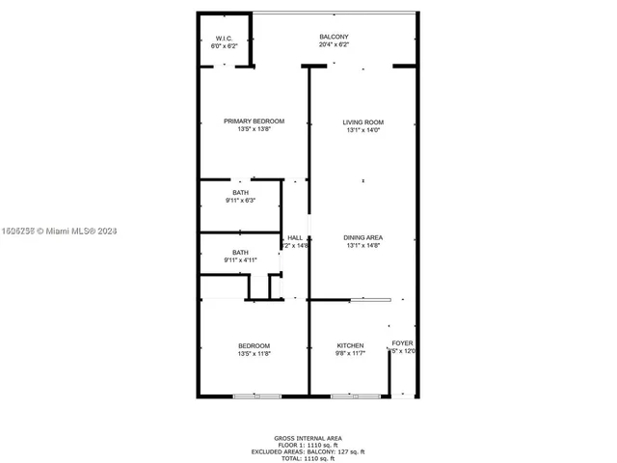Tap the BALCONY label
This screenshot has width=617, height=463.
[x=335, y=38]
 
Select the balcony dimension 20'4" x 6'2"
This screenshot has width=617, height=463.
[x=335, y=45]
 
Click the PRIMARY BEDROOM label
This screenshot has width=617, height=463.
[x=255, y=122]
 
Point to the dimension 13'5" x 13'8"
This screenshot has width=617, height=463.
[x=255, y=129]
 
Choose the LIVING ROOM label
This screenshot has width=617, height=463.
[x=363, y=123]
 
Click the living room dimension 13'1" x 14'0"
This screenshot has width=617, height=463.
[x=363, y=130]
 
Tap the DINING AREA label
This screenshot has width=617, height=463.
[x=363, y=237]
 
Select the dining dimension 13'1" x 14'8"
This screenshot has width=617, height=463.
[x=363, y=245]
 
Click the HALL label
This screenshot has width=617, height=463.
[x=295, y=237]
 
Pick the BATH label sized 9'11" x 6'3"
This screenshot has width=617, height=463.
[x=240, y=193]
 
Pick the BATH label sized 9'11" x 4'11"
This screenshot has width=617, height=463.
[x=240, y=253]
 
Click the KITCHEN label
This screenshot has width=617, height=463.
[x=350, y=346]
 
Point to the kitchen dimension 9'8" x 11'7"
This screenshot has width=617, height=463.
[x=350, y=354]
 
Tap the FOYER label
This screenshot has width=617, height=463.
[x=402, y=342]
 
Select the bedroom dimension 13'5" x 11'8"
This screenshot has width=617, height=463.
[x=255, y=354]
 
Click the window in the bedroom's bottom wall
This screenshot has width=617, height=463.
[x=257, y=395]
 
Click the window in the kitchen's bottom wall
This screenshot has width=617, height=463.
[x=356, y=395]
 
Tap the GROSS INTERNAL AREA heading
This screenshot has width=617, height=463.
[x=308, y=438]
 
